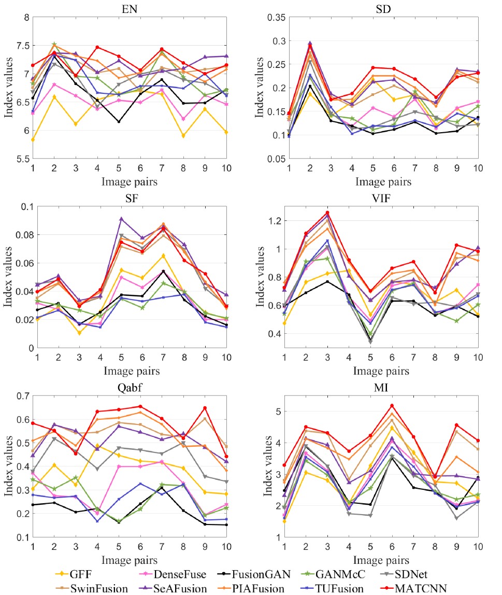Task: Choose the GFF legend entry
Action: [78, 574]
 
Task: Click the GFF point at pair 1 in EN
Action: [33, 139]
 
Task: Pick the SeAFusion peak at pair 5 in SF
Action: [121, 219]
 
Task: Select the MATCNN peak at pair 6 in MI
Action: [392, 406]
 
